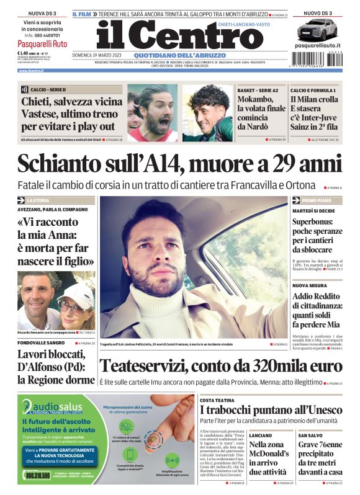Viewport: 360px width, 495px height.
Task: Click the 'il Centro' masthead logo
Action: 171,35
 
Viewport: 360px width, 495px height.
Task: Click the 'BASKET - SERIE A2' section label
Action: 254,91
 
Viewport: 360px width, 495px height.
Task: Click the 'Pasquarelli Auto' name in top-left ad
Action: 42,44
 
